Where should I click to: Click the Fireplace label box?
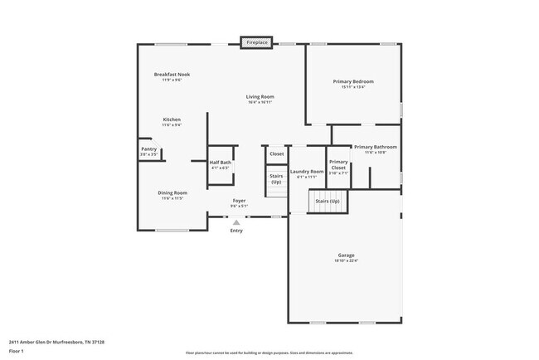257,41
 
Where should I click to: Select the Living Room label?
260,97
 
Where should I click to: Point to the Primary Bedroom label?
353,82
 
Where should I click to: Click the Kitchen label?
172,119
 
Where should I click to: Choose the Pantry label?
148,149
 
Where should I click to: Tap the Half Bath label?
220,163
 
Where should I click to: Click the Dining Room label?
172,193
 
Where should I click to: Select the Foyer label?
239,201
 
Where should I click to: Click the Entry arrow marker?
236,222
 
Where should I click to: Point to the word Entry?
237,231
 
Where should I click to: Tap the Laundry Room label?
306,172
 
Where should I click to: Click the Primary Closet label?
338,164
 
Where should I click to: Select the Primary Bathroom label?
375,147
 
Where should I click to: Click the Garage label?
346,255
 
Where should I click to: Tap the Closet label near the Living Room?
276,153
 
